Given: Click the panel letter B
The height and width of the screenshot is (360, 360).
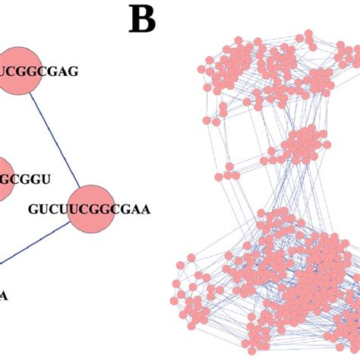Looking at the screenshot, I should coord(141,20).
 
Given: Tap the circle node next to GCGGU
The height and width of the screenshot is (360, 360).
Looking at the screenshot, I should coord(4,178).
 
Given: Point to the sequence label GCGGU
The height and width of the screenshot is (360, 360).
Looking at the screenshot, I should coord(28,178).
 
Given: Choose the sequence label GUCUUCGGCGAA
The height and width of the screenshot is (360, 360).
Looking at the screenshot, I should coord(90,207).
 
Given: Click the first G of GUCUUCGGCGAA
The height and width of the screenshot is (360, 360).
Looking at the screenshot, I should coord(33,207).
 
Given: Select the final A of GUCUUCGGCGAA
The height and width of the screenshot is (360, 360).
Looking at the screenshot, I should coord(145,207).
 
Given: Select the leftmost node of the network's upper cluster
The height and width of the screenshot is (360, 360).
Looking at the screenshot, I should coord(201,69).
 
